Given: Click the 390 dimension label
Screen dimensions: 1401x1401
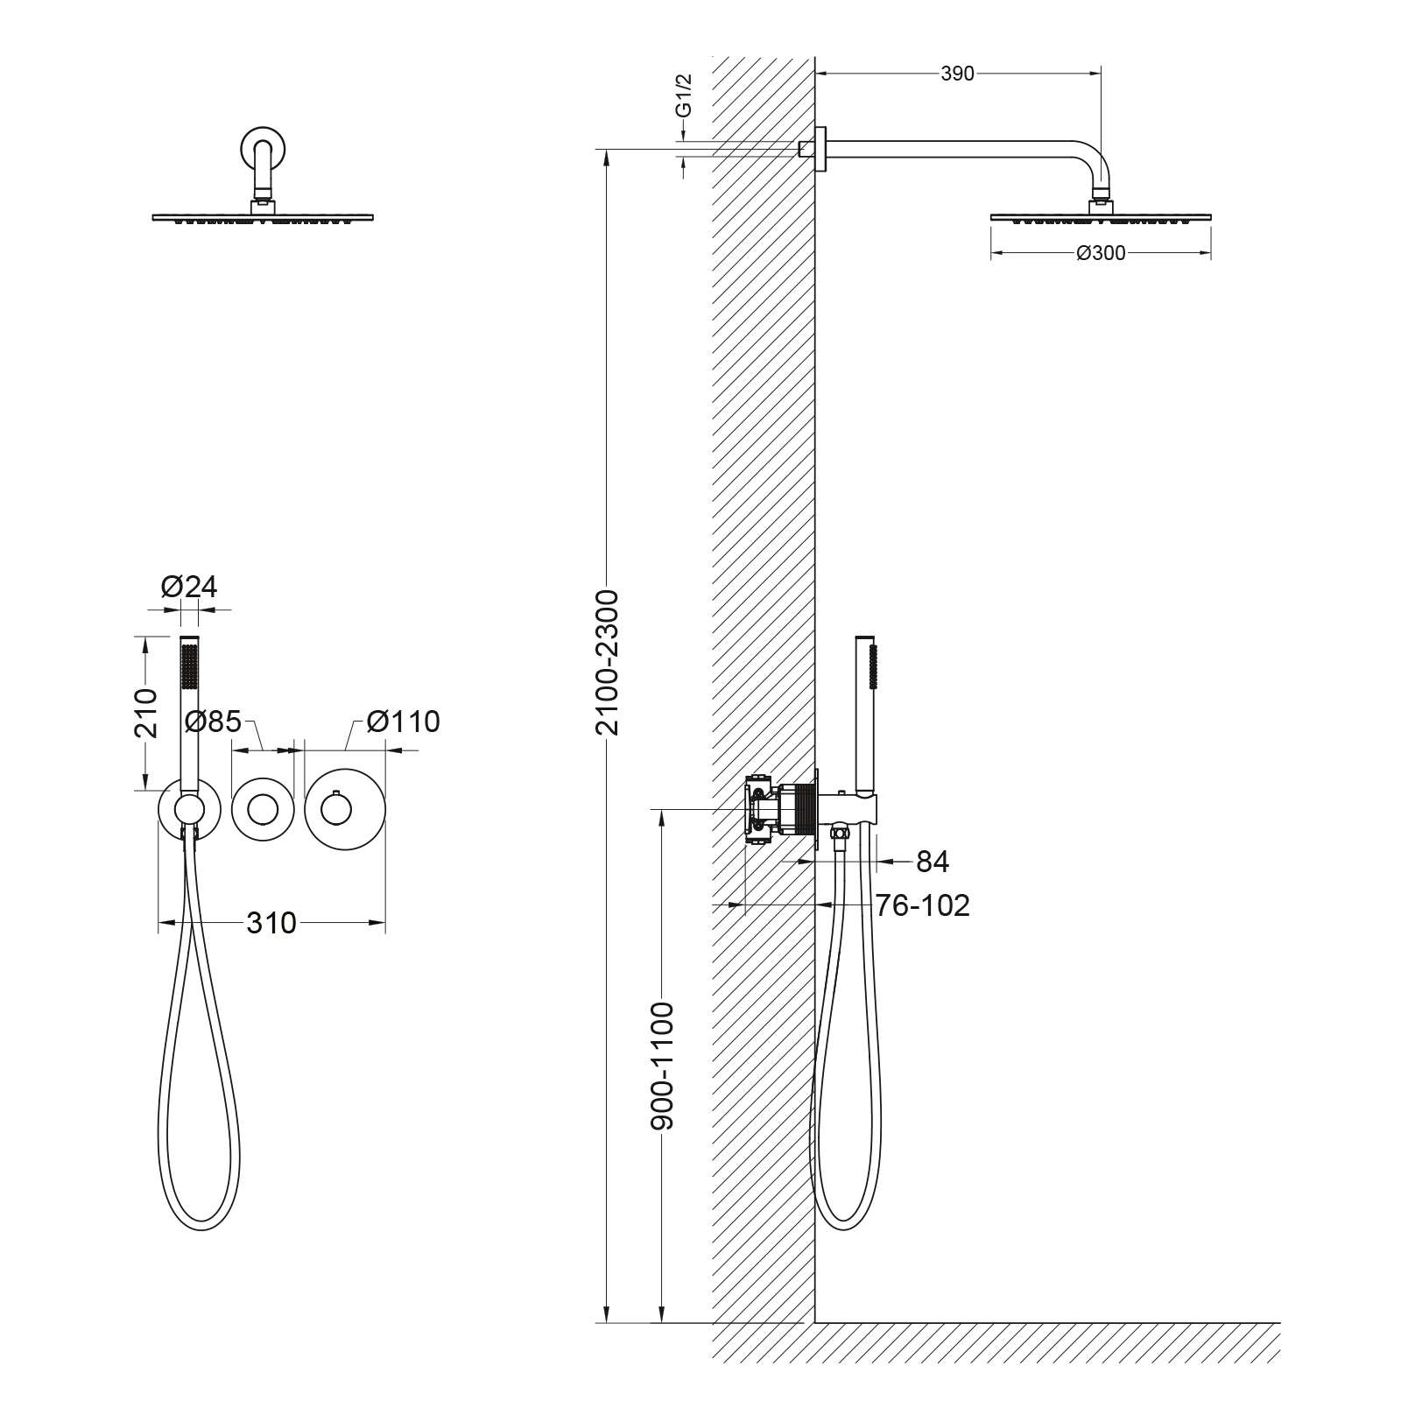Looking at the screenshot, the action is click(x=957, y=74).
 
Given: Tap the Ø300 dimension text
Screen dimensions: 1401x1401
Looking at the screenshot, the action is click(x=1101, y=254).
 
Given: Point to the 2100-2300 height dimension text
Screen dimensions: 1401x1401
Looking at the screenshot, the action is click(x=606, y=662).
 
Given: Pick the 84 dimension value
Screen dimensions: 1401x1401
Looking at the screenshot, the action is click(x=933, y=862).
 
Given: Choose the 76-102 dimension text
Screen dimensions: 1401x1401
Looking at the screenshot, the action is click(x=923, y=905).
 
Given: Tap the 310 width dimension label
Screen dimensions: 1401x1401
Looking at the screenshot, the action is click(x=271, y=923).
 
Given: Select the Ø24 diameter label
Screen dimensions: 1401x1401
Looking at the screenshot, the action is click(x=189, y=587).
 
